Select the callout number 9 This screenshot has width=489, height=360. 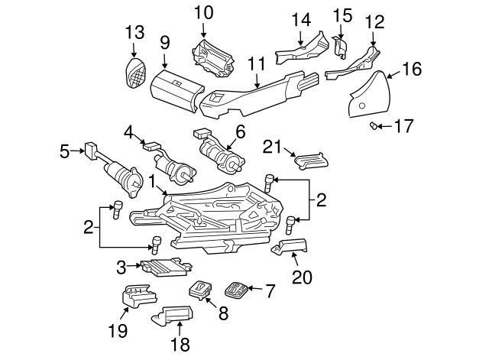(164, 44)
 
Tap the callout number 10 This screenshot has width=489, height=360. (203, 12)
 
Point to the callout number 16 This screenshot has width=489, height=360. (412, 70)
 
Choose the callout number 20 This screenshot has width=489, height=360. (303, 277)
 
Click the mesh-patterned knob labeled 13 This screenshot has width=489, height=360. (134, 74)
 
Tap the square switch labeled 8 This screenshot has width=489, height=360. (201, 289)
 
